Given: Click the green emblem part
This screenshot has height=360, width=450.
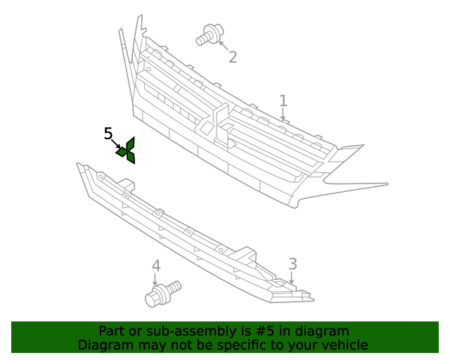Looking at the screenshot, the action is click(127, 151).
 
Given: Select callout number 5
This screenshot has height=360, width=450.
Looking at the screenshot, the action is click(108, 134).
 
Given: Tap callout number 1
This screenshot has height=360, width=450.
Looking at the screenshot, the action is click(283, 101).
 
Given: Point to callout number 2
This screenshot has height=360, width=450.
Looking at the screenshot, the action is click(233, 57).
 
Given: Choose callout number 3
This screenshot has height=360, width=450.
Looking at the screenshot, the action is click(292, 264).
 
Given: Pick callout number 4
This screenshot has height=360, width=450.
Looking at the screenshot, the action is click(156, 266).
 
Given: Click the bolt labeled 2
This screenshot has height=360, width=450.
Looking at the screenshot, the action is click(210, 34).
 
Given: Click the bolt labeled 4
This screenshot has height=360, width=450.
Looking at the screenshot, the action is click(162, 294).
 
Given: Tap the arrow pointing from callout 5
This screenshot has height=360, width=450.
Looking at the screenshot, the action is click(116, 143).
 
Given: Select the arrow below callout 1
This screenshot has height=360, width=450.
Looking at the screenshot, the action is click(283, 114).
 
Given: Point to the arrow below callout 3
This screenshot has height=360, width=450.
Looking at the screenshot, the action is click(292, 278).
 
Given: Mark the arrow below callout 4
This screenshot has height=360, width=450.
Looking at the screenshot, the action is click(155, 279).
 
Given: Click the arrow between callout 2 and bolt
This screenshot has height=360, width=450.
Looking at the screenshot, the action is click(224, 46).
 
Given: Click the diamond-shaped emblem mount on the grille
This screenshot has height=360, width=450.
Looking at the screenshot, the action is click(207, 127).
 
